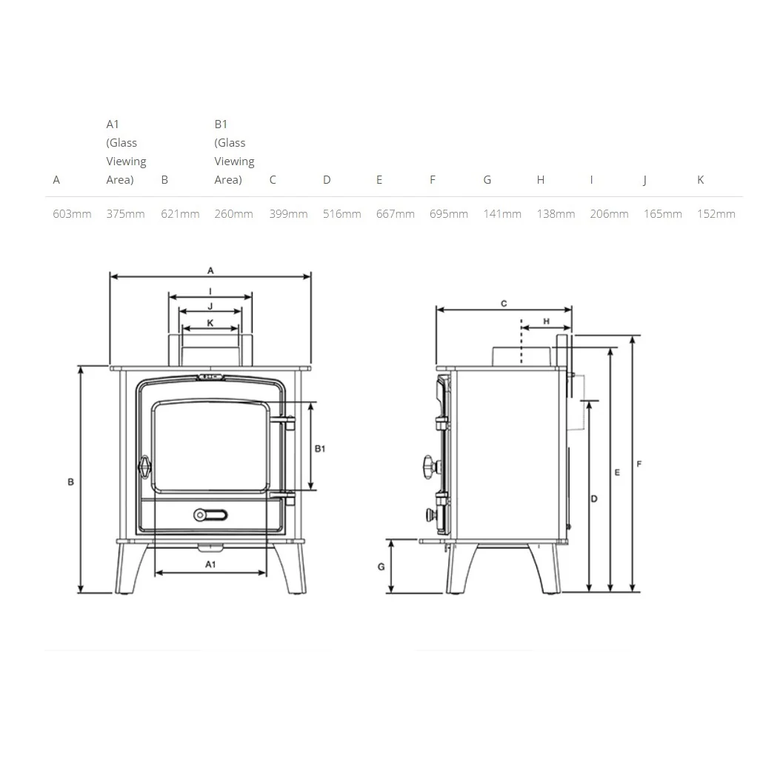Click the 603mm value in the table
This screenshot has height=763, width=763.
coord(72,213)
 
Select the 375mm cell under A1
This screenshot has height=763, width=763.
coord(125,213)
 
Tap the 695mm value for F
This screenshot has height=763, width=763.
coord(449,213)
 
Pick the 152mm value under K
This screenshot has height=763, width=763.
coord(716,213)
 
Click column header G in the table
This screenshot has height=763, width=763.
coord(487,180)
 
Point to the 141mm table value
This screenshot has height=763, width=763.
coord(502,213)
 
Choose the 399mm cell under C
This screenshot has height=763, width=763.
coord(289,213)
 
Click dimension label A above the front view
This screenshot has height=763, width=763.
coord(210,270)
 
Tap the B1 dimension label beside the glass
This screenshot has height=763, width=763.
coord(320,449)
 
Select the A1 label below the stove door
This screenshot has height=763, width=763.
coord(210,564)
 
